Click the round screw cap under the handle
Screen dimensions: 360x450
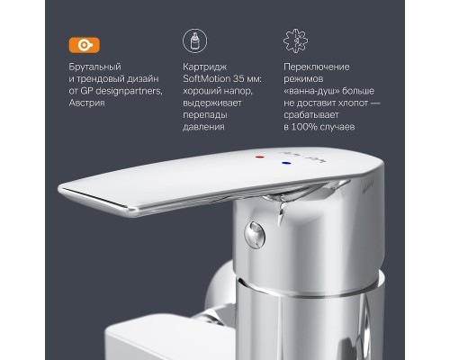point(254,235)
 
